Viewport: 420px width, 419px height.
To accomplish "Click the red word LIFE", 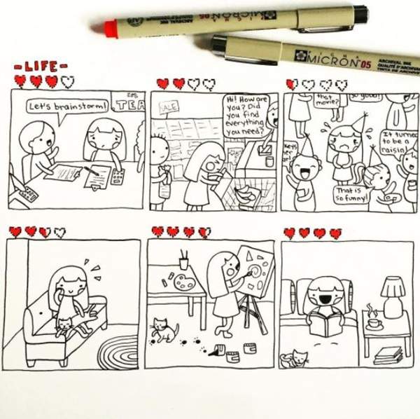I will click(x=41, y=67).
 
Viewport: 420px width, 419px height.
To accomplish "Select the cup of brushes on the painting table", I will click(x=183, y=261).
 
